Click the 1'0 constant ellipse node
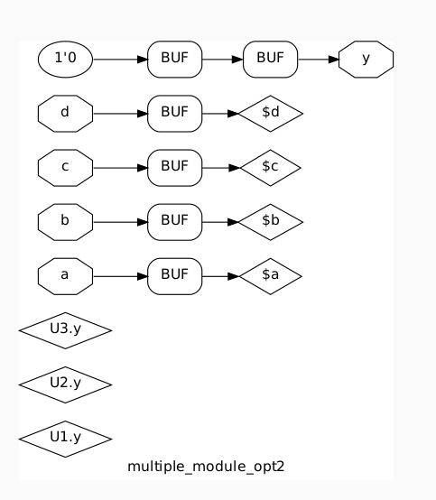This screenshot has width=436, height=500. coord(65,60)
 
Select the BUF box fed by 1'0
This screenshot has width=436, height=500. coord(174,60)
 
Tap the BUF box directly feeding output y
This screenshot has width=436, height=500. coord(270,60)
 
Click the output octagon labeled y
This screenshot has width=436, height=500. coord(366,60)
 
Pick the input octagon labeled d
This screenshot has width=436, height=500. coord(65,114)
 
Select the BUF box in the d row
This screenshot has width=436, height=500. coord(174,114)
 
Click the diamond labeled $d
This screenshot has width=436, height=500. coord(270,114)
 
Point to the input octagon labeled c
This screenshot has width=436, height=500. coord(65,168)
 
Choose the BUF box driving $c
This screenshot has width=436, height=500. coord(174,168)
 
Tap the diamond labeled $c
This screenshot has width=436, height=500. coord(269,168)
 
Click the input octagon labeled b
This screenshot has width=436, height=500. coord(65,222)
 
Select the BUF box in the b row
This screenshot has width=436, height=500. coord(174,222)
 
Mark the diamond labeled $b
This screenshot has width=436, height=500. coord(270,222)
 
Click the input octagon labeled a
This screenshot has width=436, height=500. coord(65,276)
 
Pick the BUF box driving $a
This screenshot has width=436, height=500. coord(174,276)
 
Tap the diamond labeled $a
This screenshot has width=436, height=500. coord(270,276)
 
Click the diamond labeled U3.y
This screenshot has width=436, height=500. coord(65,330)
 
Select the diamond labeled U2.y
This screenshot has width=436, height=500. coord(65,384)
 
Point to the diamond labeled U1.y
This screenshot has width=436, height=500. coord(65,439)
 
